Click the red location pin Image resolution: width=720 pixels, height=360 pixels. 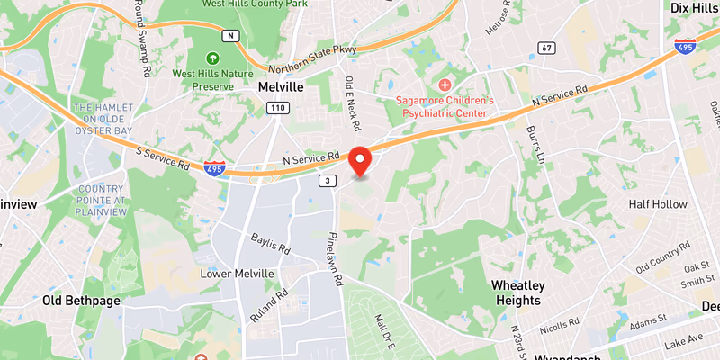pyautogui.click(x=361, y=159)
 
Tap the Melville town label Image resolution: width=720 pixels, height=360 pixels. pyautogui.click(x=280, y=87)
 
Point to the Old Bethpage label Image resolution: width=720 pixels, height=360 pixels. pyautogui.click(x=81, y=301)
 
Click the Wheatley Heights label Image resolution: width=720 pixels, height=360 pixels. pyautogui.click(x=517, y=292)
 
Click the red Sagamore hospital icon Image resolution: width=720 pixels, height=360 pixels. pyautogui.click(x=445, y=84)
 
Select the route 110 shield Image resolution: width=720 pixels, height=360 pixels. pyautogui.click(x=276, y=108)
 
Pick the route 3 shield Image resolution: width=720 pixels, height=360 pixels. pyautogui.click(x=328, y=181)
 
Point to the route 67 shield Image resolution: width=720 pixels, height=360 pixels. pyautogui.click(x=546, y=47)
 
